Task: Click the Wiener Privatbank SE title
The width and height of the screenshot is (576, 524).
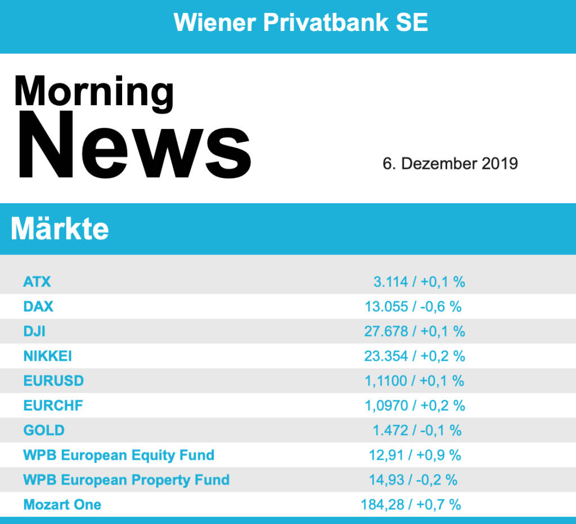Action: pos(301,23)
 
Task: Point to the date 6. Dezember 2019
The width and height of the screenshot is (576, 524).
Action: pos(450,164)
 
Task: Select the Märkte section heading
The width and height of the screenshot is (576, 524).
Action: pos(60,229)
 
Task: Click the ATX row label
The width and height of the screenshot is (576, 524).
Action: pos(37,281)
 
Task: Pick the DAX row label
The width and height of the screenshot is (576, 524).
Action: pos(38,306)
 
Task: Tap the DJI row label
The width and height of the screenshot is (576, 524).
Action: pos(34,331)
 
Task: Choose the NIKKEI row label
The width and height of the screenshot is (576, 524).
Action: pos(48,356)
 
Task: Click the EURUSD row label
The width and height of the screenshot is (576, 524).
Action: pos(53,380)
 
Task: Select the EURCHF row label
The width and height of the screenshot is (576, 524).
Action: pos(53,405)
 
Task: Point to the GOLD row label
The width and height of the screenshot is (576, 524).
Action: pos(44,430)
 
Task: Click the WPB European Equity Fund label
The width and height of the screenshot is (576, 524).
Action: pos(119,455)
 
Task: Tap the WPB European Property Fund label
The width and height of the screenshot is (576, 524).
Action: pos(127,480)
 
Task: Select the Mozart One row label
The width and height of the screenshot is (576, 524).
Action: pos(62,504)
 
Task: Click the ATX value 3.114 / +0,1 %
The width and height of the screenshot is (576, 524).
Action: pos(419,281)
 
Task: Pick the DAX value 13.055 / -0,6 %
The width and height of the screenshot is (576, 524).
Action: pos(413,306)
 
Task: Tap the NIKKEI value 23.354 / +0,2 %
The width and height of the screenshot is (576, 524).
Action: pos(415,356)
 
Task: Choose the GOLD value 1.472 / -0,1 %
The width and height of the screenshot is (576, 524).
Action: pos(417,430)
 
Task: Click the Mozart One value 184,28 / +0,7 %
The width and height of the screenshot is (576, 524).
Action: pos(411,504)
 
